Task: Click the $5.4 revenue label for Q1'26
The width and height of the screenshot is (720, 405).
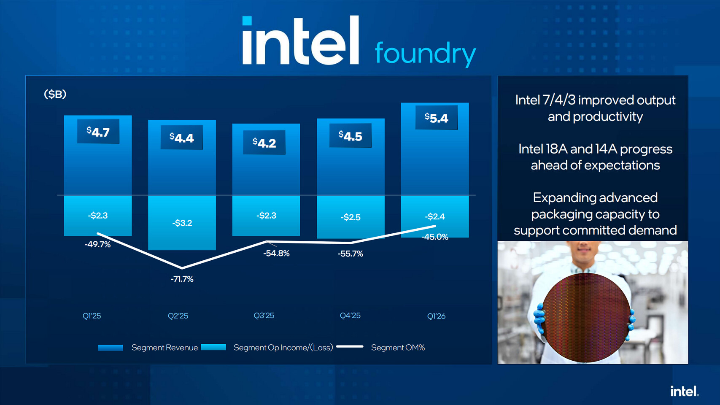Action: (436, 118)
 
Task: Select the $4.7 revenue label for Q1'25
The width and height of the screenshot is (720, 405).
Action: (98, 132)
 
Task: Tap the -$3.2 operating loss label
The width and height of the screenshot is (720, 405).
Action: (182, 223)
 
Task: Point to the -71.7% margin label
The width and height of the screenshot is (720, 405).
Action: (182, 279)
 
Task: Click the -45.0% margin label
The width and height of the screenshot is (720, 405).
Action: (435, 237)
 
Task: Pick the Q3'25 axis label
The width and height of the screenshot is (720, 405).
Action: (264, 316)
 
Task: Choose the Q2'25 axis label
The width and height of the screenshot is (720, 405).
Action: (178, 316)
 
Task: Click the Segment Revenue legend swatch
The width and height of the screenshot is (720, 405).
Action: (110, 348)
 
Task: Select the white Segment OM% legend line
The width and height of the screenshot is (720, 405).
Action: (350, 347)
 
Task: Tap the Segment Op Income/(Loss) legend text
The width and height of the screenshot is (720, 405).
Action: (283, 348)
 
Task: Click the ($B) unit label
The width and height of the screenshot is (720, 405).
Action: (55, 94)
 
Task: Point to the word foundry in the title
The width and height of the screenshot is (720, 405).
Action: (425, 54)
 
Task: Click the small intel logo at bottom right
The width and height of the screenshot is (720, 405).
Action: (684, 391)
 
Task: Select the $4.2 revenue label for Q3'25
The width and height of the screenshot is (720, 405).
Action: (264, 143)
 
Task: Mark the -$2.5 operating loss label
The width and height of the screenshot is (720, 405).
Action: (351, 217)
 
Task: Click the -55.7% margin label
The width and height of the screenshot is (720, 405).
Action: (350, 254)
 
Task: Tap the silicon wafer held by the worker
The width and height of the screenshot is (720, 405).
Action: (586, 317)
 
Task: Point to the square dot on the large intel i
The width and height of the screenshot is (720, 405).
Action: (247, 21)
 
